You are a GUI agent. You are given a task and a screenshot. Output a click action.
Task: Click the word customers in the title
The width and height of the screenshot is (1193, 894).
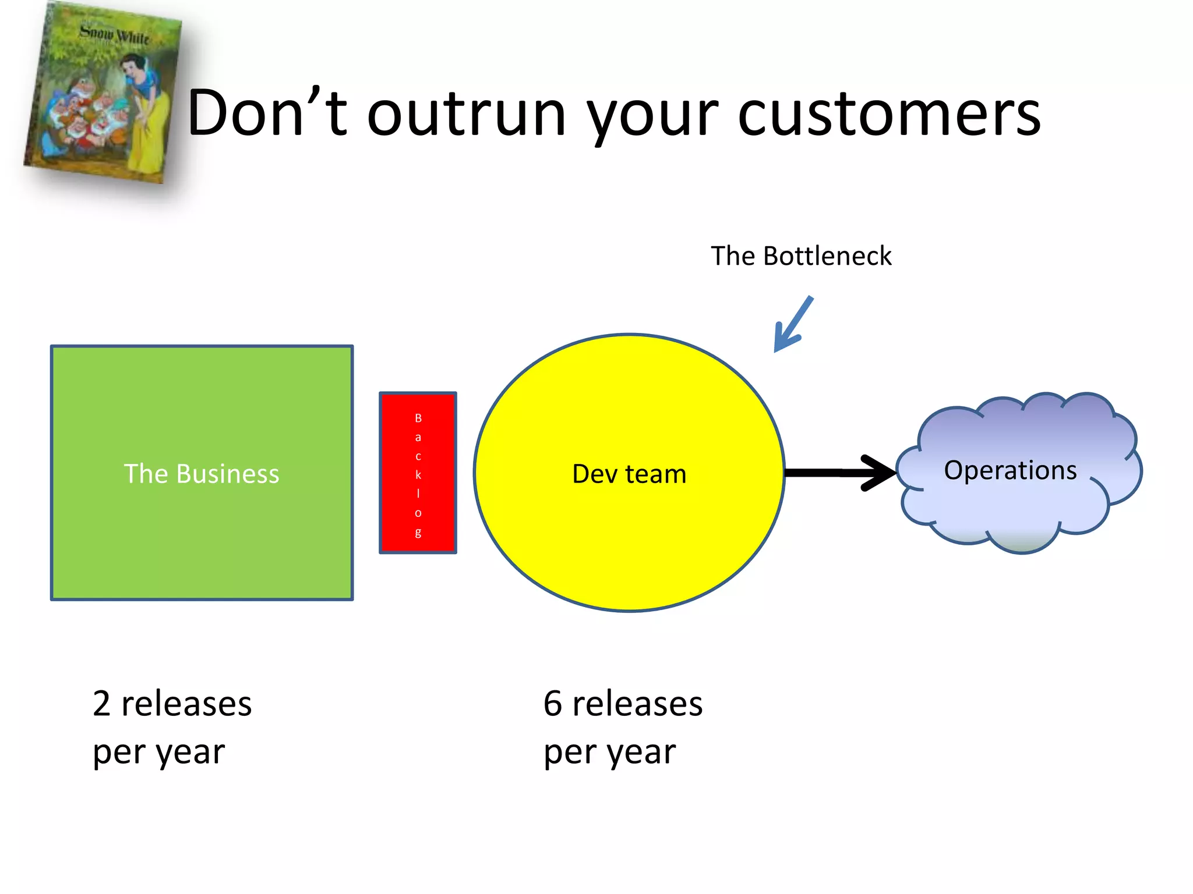coord(889,114)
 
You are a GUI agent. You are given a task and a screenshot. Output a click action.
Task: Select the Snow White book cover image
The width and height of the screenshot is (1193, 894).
coord(102,93)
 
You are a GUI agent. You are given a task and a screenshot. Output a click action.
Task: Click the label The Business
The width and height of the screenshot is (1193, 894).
coord(202,474)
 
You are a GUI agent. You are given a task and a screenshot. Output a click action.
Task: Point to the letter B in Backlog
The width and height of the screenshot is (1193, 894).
coord(418,418)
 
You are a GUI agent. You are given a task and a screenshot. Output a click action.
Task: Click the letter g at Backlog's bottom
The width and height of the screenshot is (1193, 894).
coord(418,532)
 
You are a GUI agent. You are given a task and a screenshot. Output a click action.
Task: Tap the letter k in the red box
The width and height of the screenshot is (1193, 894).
coord(418,474)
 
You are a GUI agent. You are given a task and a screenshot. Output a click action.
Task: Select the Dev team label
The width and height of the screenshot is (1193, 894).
coord(629,474)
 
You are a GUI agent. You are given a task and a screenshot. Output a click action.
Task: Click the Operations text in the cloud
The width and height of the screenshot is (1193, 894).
coord(1010,470)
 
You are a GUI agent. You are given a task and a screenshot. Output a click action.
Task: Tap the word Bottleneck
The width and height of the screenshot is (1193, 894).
coord(827,256)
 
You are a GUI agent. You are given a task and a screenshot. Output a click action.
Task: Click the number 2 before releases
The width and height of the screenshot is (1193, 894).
coord(101,704)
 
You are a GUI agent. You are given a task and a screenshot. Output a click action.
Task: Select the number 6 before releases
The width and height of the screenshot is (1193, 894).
coord(553,704)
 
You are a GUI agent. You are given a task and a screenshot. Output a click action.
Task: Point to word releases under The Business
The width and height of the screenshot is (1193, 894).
coord(186,704)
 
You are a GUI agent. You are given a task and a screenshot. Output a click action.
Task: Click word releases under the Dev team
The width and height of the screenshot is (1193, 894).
coord(637,704)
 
